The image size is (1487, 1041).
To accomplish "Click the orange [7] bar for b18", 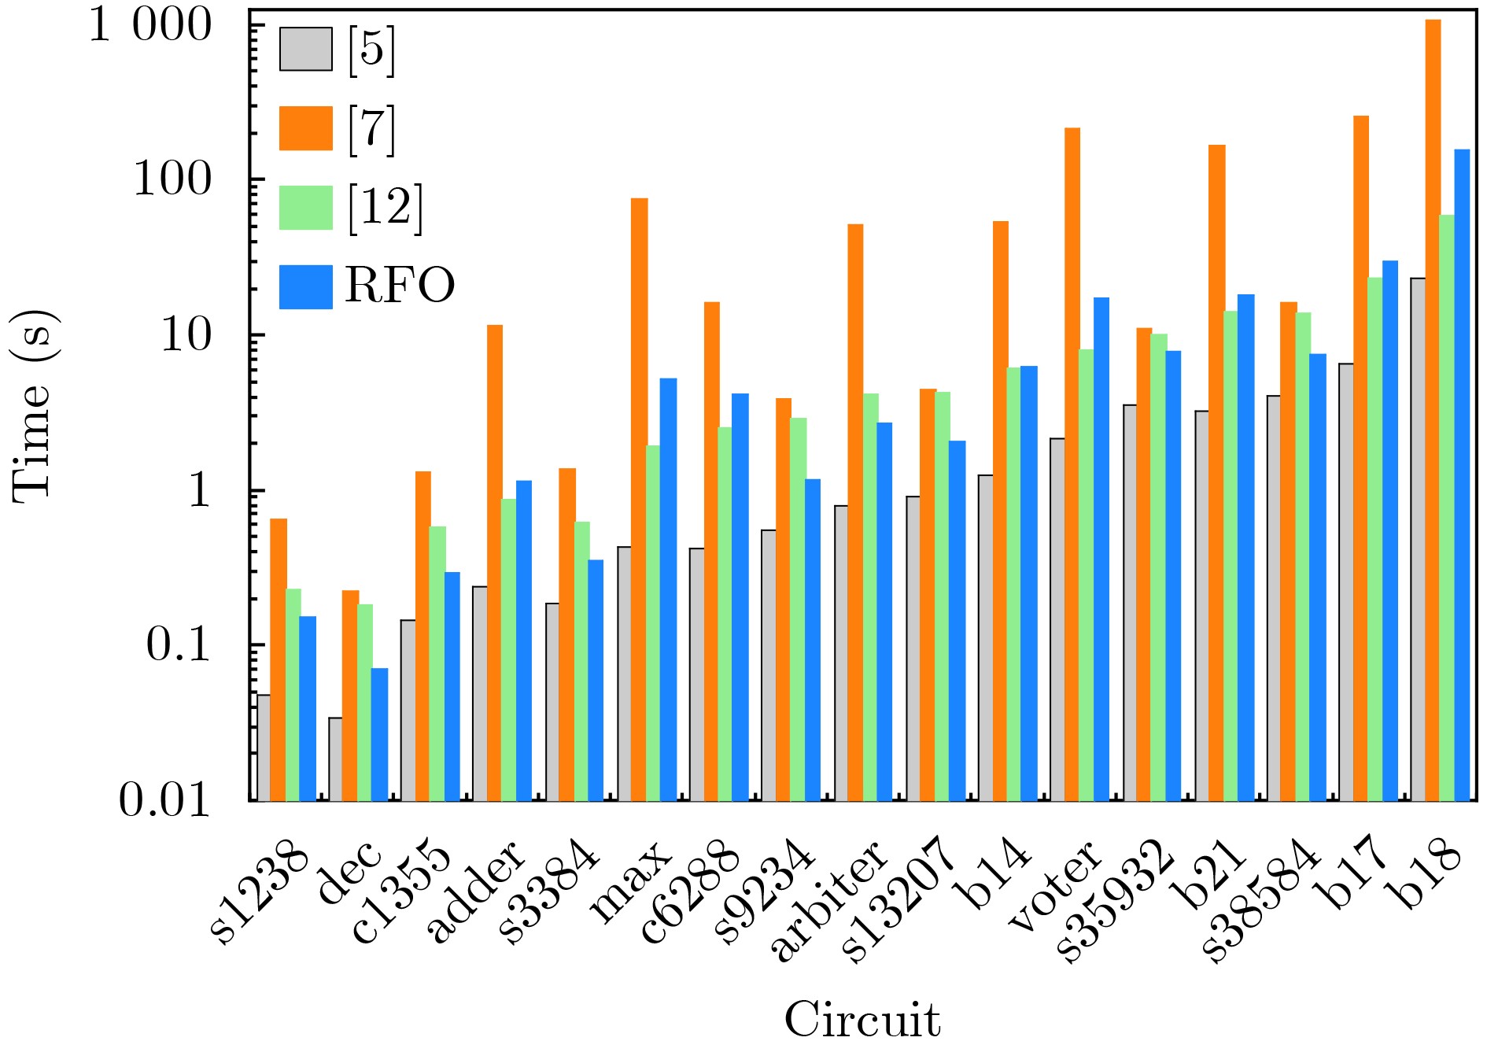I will point(1433,409).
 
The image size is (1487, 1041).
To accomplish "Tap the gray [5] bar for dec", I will point(335,759).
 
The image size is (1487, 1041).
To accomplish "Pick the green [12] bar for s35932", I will point(1158,567).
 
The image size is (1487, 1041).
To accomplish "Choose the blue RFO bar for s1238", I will point(308,708).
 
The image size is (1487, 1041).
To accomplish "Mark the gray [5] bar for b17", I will point(1346,581).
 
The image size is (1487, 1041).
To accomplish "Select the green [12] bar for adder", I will point(508,649).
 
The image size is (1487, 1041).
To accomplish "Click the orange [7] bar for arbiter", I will point(855,512).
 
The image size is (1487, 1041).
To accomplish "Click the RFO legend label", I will point(400,285).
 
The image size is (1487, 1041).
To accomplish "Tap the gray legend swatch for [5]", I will point(305,50).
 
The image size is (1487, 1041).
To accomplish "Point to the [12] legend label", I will point(386,207).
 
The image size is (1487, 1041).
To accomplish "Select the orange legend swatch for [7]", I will point(305,128).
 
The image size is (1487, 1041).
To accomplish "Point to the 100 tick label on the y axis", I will point(173,179).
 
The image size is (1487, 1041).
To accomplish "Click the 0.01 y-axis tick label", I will point(165,800).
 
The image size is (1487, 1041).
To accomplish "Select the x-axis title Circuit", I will point(862,1019).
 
